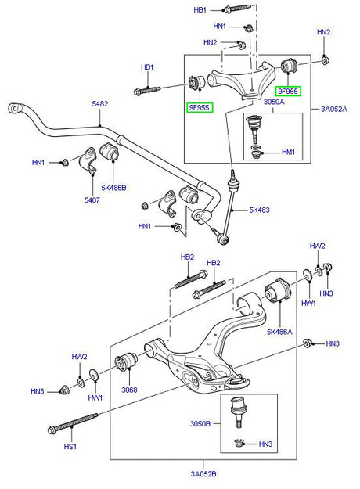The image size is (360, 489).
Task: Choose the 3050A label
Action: pyautogui.click(x=275, y=102)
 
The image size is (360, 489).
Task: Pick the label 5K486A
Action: pyautogui.click(x=279, y=333)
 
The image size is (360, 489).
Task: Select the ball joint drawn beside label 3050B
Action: pyautogui.click(x=237, y=409)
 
